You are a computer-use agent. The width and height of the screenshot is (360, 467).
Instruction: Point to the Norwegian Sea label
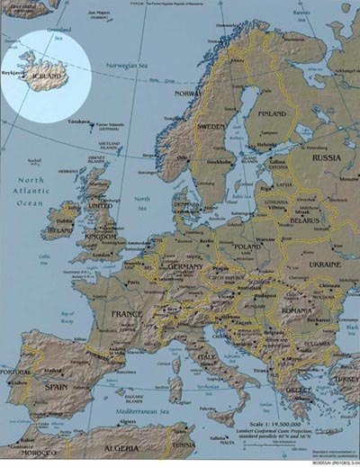point(129,66)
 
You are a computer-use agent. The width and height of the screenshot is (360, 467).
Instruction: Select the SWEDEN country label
point(211,126)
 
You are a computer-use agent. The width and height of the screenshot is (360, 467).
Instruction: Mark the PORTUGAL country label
point(15,372)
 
